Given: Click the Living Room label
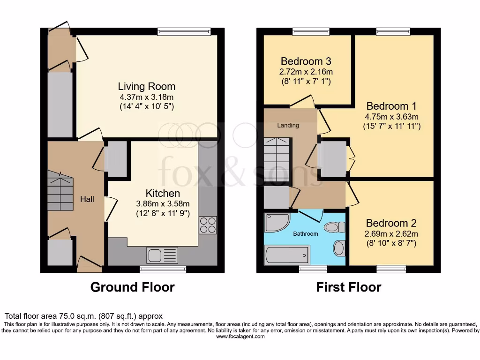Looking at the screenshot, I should (146, 86).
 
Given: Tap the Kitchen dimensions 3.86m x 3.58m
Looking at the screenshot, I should (163, 203).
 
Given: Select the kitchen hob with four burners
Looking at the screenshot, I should (208, 225).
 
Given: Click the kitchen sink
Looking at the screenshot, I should (162, 255).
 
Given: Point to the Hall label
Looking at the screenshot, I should (87, 199).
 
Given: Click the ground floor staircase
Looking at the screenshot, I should (60, 191).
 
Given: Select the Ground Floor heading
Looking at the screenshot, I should (132, 287).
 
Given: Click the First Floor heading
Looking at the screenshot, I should (349, 287).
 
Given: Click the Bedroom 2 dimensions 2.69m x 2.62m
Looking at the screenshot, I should (391, 234).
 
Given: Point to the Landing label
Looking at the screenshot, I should (288, 125).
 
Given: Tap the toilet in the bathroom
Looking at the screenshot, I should (335, 228).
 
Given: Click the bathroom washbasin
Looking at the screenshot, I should (339, 248).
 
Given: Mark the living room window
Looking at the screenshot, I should (184, 32).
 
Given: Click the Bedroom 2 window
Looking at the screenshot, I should (391, 269).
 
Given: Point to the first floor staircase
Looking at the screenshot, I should (276, 159).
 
